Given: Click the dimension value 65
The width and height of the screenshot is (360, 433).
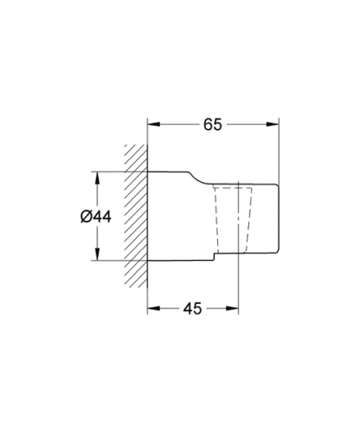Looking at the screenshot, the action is click(x=213, y=125).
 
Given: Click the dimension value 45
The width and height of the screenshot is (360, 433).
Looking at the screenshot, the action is click(x=192, y=308).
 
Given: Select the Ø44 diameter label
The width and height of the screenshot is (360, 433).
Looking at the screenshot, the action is click(x=96, y=216).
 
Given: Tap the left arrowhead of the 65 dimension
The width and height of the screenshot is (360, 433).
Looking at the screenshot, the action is click(x=154, y=124).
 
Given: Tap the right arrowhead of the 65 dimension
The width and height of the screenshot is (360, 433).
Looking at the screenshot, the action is click(x=273, y=124).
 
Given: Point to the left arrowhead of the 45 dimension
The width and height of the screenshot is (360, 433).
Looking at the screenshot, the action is click(x=154, y=308).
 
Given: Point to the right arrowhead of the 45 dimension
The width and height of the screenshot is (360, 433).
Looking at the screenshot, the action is click(x=232, y=308).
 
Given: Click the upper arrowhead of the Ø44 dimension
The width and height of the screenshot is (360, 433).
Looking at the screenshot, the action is click(x=98, y=178).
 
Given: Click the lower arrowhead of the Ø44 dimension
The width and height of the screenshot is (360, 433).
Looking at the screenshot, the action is click(x=98, y=254).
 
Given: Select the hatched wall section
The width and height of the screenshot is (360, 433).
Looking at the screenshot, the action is click(x=136, y=216).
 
